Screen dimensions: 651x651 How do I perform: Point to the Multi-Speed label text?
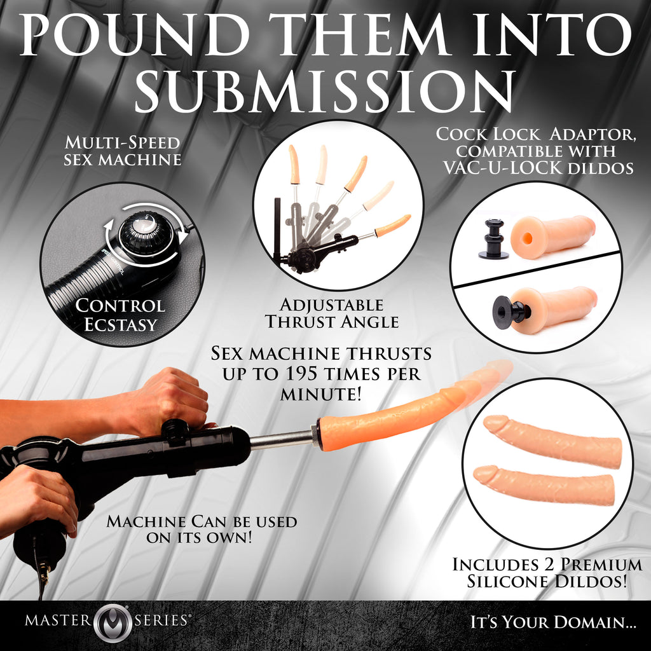pyautogui.click(x=122, y=142)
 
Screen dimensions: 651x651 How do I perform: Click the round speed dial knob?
pyautogui.click(x=147, y=233)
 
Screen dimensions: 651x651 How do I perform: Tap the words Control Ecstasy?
pyautogui.click(x=120, y=315)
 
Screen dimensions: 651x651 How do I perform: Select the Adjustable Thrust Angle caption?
pyautogui.click(x=332, y=313)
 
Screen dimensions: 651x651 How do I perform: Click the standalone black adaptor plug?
pyautogui.click(x=492, y=240)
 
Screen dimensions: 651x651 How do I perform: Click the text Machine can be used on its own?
pyautogui.click(x=202, y=529)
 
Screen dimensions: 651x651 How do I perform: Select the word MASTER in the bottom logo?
pyautogui.click(x=59, y=620)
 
